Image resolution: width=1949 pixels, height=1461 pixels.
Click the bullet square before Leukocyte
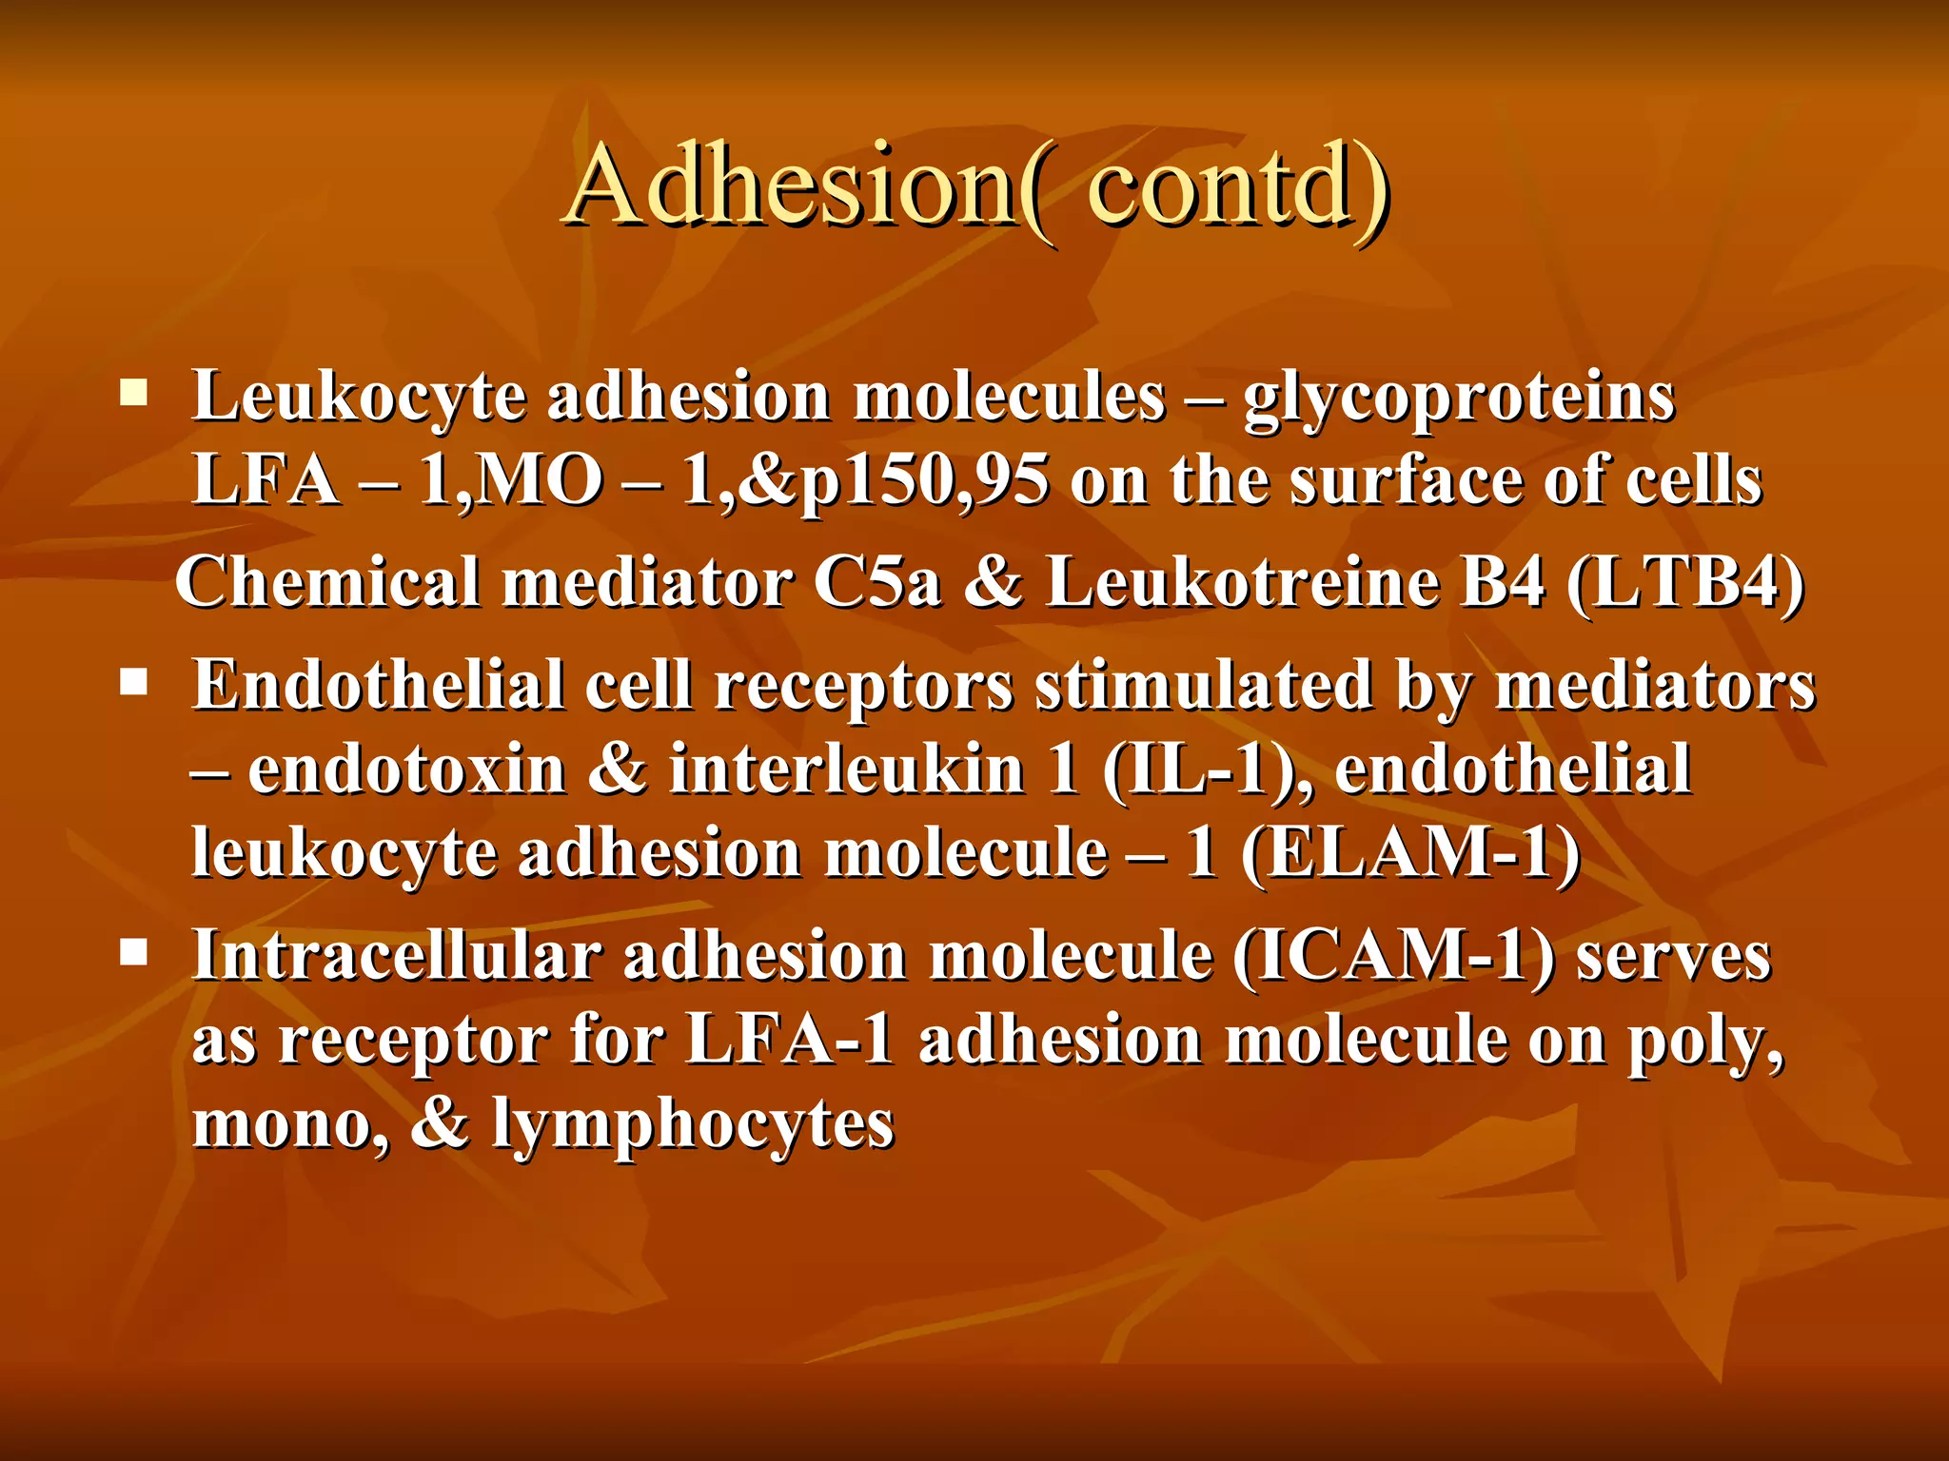[x=133, y=393]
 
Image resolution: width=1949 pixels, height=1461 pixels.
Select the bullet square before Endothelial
[x=133, y=682]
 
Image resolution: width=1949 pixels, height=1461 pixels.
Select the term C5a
[x=876, y=582]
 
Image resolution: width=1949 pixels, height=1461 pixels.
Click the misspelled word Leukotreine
[x=1243, y=582]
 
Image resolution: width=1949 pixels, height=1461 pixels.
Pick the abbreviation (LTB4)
[x=1684, y=582]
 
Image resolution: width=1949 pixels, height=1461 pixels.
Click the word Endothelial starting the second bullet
[x=378, y=685]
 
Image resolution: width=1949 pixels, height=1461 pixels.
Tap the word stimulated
[x=1204, y=685]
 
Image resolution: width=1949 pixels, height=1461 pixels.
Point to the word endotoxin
[x=407, y=769]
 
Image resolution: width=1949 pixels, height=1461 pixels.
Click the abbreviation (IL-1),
[x=1206, y=769]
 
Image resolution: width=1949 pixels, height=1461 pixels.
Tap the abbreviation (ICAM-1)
[x=1394, y=955]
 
